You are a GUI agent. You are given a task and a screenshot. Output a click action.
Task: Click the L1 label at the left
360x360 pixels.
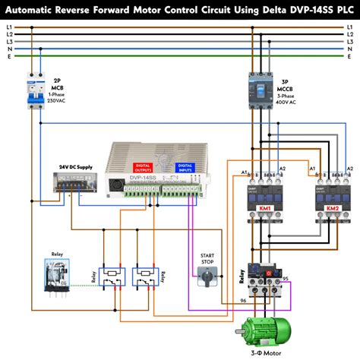point(9,27)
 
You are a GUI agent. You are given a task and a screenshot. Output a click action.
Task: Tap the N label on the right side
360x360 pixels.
point(351,48)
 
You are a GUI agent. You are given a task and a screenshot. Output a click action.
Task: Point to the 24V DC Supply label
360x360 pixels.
point(75,167)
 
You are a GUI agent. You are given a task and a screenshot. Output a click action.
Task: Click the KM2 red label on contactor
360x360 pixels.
point(332,208)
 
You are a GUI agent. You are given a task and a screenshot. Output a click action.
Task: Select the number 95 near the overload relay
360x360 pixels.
point(285,279)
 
